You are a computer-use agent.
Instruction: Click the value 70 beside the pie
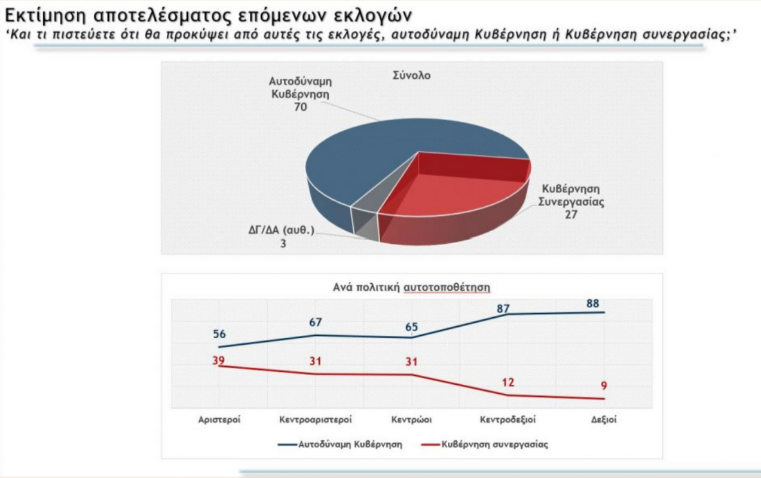tap(300, 108)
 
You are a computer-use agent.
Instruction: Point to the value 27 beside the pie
tap(570, 215)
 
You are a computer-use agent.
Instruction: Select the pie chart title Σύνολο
tap(411, 76)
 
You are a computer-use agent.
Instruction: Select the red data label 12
tap(508, 383)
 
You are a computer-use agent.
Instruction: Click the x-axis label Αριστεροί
tap(219, 419)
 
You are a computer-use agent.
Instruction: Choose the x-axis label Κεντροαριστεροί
tap(315, 419)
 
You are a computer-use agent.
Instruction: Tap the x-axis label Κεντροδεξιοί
tap(508, 419)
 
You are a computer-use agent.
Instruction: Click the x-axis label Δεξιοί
tap(604, 419)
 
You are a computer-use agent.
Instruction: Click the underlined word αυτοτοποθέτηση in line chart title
tap(447, 287)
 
